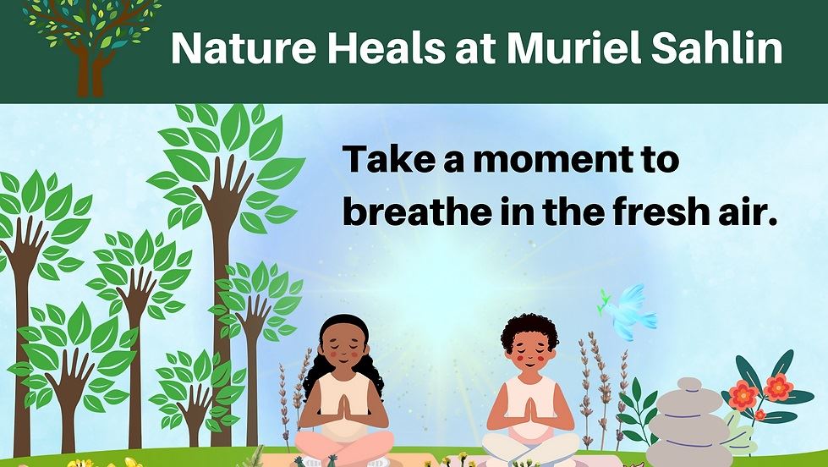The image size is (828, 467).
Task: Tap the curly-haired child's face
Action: pyautogui.click(x=530, y=351)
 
